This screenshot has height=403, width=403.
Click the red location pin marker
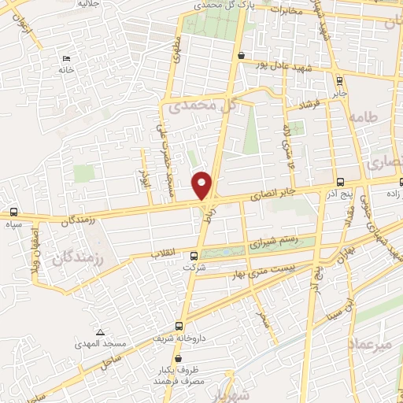point(203,185)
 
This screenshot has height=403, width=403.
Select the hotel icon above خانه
point(66,58)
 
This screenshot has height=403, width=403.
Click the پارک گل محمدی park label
point(221,5)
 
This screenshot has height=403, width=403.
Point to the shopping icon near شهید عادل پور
point(240,55)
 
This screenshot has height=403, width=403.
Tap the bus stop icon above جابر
point(339,79)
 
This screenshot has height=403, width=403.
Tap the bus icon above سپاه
point(13,212)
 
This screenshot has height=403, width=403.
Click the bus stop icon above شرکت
point(194,255)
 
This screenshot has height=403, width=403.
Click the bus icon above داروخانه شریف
point(179,325)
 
